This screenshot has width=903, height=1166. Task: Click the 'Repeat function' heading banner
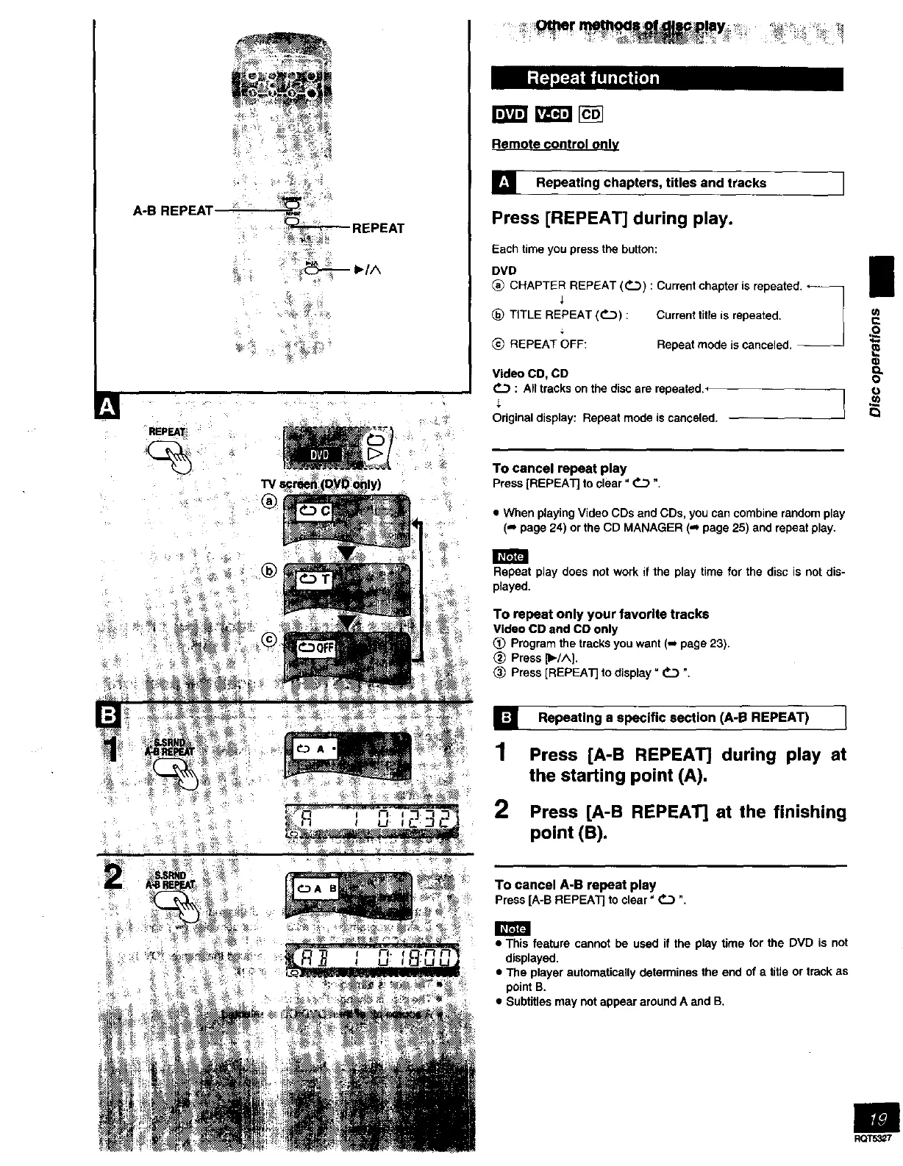click(x=666, y=78)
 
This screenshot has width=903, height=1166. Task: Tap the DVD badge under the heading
click(x=510, y=114)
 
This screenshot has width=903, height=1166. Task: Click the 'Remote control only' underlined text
click(x=555, y=145)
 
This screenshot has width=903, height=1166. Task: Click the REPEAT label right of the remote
click(x=378, y=229)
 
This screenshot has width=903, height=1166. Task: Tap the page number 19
click(x=877, y=1120)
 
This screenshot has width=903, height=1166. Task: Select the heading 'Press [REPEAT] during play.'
click(x=613, y=218)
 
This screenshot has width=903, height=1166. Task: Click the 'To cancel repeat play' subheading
click(x=559, y=468)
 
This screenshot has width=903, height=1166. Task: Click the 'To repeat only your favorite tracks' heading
click(x=601, y=614)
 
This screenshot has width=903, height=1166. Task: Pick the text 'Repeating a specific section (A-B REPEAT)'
click(x=673, y=717)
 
